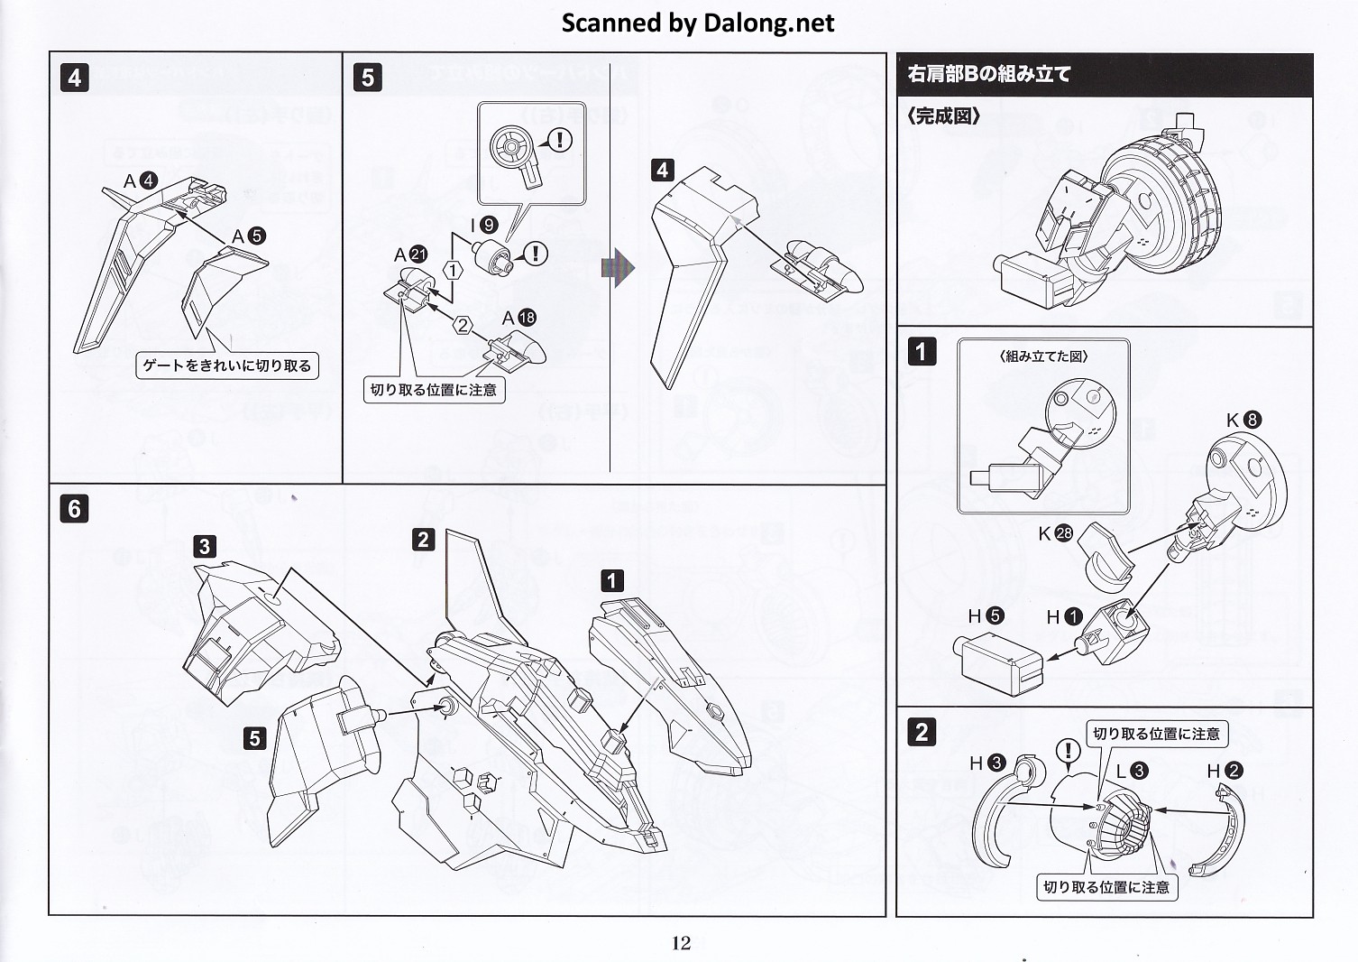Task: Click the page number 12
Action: [681, 943]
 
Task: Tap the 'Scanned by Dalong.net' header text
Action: [698, 23]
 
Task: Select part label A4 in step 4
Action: [140, 181]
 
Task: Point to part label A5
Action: [248, 236]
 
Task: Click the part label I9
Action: [483, 225]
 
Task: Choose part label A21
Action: [410, 255]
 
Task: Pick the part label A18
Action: [518, 318]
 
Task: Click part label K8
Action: [1243, 420]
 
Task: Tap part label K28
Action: [1055, 533]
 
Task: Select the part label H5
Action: [986, 615]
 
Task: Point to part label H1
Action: [1064, 617]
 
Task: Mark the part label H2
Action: [1225, 771]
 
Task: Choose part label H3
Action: [986, 763]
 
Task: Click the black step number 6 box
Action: [75, 509]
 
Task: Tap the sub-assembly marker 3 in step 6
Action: [205, 546]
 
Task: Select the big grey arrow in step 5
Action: [619, 268]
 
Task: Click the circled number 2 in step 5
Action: [463, 326]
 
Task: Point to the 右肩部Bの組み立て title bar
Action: [1105, 74]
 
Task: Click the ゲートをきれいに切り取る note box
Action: [227, 365]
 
